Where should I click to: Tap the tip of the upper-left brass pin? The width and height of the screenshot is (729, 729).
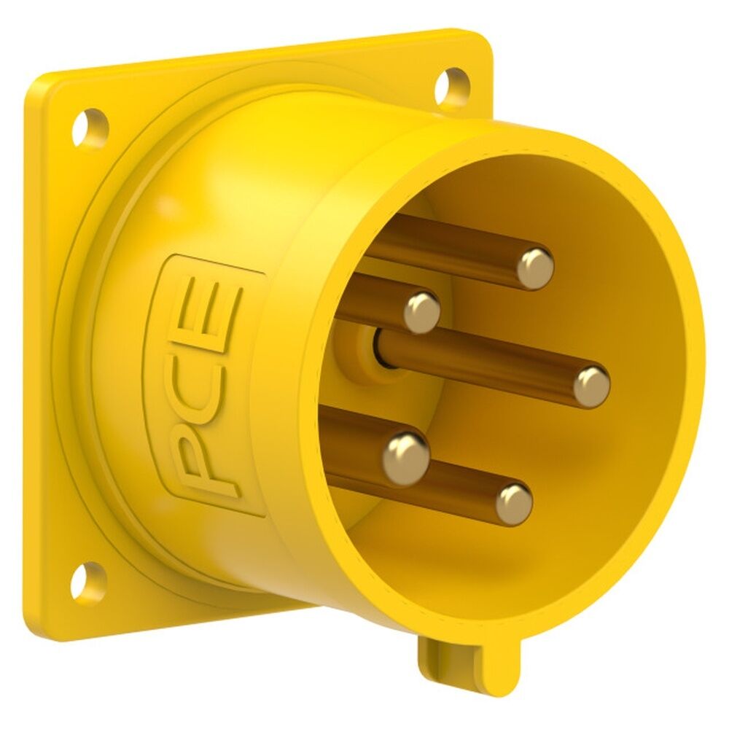point(422,311)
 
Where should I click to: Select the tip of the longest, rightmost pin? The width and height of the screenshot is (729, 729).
point(591,386)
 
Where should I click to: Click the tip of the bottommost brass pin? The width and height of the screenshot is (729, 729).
point(514,503)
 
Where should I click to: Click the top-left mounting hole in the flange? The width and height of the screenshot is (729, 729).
point(90,125)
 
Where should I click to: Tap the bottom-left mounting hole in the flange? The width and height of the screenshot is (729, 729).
point(88,579)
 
